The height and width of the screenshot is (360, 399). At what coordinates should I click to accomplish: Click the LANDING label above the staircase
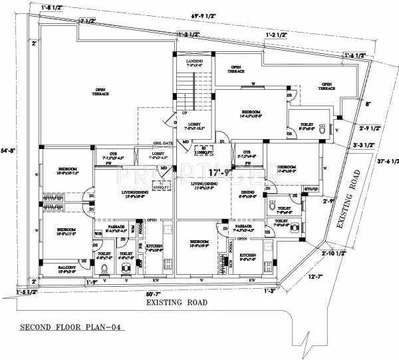coord(194,61)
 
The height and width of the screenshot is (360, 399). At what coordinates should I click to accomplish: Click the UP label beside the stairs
coord(175,113)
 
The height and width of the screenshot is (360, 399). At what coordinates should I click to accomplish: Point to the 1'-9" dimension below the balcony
coord(93,282)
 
